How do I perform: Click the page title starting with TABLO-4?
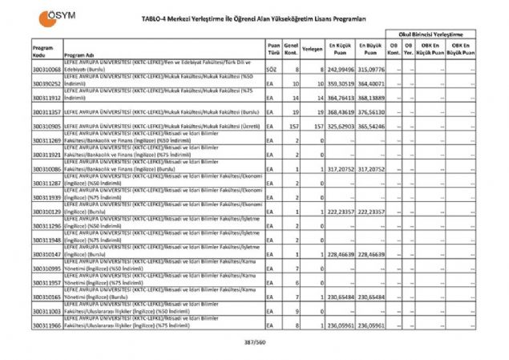(255, 18)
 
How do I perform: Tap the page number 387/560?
(255, 343)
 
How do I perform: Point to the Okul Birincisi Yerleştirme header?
(432, 35)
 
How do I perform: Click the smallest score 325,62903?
(341, 127)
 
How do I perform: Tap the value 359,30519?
(341, 84)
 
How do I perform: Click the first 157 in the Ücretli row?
(294, 127)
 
